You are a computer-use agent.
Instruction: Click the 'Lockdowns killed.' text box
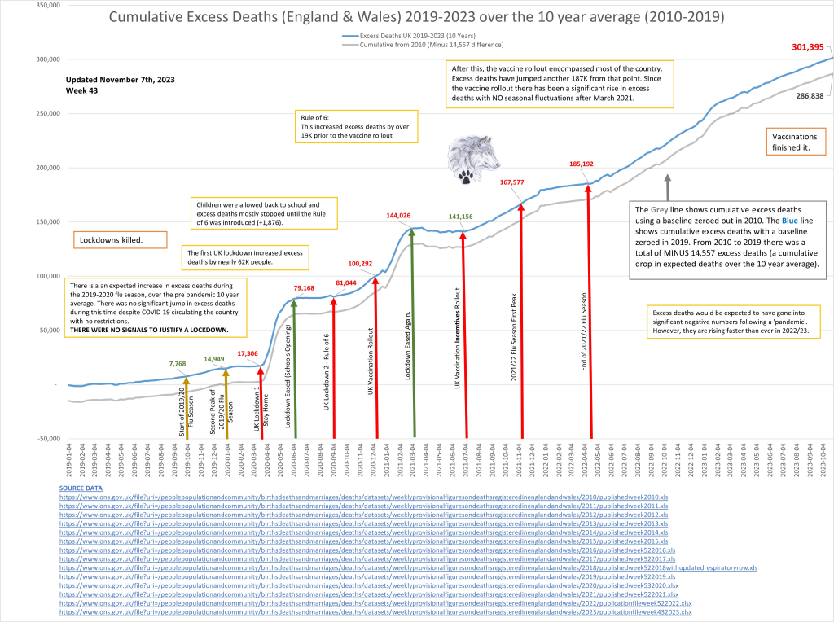pyautogui.click(x=119, y=240)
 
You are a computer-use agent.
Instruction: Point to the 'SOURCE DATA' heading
pyautogui.click(x=82, y=487)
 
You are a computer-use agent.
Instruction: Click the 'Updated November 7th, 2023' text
pyautogui.click(x=120, y=79)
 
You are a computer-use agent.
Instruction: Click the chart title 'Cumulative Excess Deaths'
pyautogui.click(x=416, y=18)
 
